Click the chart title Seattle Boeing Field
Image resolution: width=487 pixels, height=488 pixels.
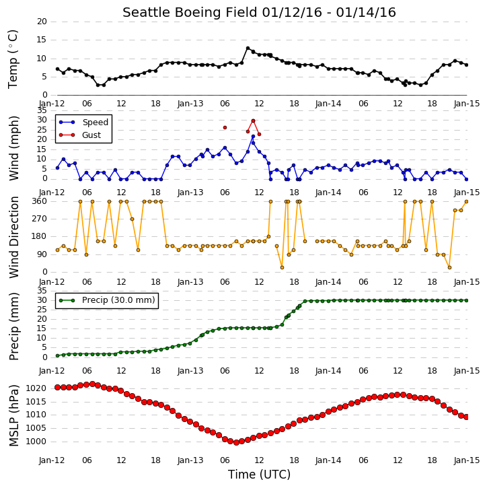(x=190, y=12)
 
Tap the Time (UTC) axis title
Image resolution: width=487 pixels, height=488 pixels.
(x=259, y=475)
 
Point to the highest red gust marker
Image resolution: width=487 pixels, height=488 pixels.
(x=253, y=120)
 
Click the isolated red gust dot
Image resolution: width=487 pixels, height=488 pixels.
(x=225, y=128)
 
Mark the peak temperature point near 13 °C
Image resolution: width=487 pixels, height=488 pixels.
(x=248, y=48)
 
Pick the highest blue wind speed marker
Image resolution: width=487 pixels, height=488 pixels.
(x=253, y=137)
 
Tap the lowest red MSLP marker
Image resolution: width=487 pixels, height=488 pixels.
(x=236, y=442)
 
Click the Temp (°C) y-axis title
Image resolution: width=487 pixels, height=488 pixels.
(x=13, y=59)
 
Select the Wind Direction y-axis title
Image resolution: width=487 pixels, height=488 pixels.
(x=13, y=237)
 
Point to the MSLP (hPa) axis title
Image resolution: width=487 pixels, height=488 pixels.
(x=13, y=416)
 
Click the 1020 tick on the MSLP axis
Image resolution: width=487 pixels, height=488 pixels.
(x=36, y=388)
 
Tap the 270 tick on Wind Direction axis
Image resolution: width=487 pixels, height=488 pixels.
(x=40, y=219)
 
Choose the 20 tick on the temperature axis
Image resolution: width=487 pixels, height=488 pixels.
(x=42, y=22)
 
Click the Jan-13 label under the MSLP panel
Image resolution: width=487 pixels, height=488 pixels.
(x=190, y=460)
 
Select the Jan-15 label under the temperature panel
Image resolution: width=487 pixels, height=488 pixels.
(x=466, y=104)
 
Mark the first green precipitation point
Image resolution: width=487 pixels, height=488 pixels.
(x=58, y=355)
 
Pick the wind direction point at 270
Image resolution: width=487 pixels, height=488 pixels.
(x=132, y=219)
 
